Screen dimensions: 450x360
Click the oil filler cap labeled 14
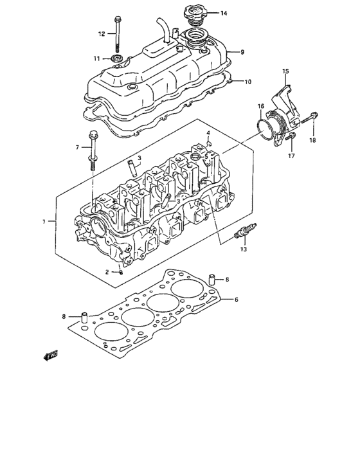193,15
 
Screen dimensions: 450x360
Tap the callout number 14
223,14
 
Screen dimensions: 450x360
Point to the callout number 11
96,59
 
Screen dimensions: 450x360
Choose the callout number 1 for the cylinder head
44,222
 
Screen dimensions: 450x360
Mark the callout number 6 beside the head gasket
236,300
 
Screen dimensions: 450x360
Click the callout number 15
285,71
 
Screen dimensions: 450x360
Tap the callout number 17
290,156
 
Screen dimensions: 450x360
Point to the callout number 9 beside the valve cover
243,51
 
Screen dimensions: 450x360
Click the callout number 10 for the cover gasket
247,82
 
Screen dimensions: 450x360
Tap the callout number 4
209,133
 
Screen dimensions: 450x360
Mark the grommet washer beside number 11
117,60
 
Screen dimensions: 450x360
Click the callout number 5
206,155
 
